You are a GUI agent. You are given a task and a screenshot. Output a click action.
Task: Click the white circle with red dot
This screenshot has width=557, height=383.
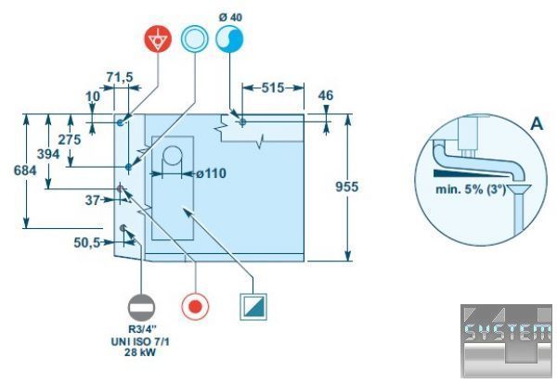[x=195, y=306]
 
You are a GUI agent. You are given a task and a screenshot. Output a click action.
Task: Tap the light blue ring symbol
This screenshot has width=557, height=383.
[x=195, y=40]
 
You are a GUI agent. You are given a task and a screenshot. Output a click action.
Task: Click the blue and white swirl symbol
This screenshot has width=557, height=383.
[x=229, y=40]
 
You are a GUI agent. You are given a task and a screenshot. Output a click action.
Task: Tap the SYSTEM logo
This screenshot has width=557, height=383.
[x=506, y=335]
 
